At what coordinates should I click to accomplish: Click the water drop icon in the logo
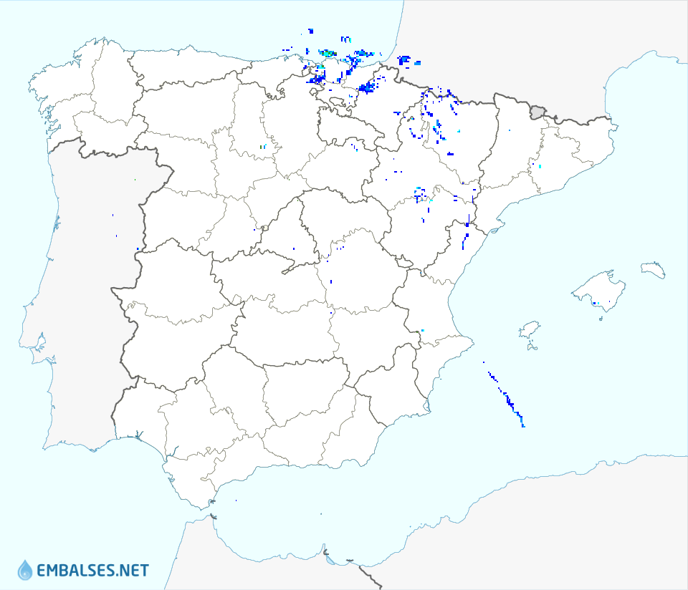click(x=25, y=570)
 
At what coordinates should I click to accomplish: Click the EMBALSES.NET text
click(x=92, y=571)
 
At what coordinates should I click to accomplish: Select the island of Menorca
click(x=653, y=270)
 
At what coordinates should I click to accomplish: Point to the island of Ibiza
click(x=529, y=331)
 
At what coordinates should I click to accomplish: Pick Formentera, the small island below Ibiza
click(x=532, y=348)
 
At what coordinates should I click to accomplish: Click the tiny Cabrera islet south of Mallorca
click(x=601, y=318)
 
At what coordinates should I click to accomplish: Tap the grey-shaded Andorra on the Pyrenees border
click(x=537, y=111)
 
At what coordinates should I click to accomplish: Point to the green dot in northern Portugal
click(x=135, y=180)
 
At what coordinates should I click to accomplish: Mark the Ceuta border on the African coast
click(x=213, y=514)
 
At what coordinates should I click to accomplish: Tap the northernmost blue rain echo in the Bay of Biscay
click(x=310, y=31)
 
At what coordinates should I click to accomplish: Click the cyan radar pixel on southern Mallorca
click(x=595, y=304)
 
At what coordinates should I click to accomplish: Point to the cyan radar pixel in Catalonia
click(x=540, y=167)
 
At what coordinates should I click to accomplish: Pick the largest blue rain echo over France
click(x=403, y=60)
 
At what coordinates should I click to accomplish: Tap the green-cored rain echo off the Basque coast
click(x=328, y=54)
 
